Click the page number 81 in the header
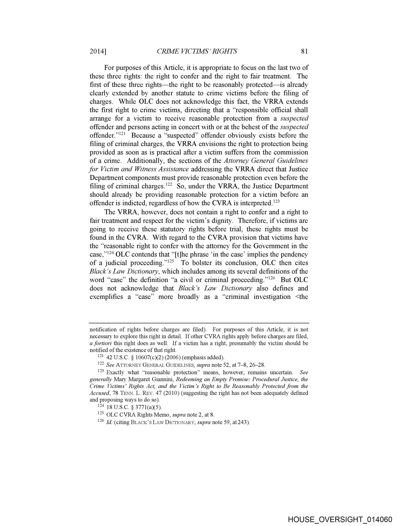click(x=304, y=51)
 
